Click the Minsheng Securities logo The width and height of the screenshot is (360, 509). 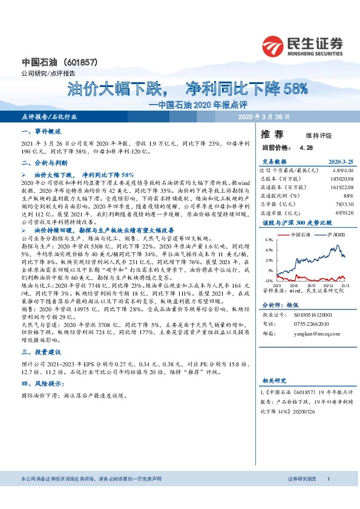tap(303, 46)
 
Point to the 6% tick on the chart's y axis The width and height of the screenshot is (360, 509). tap(269, 240)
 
